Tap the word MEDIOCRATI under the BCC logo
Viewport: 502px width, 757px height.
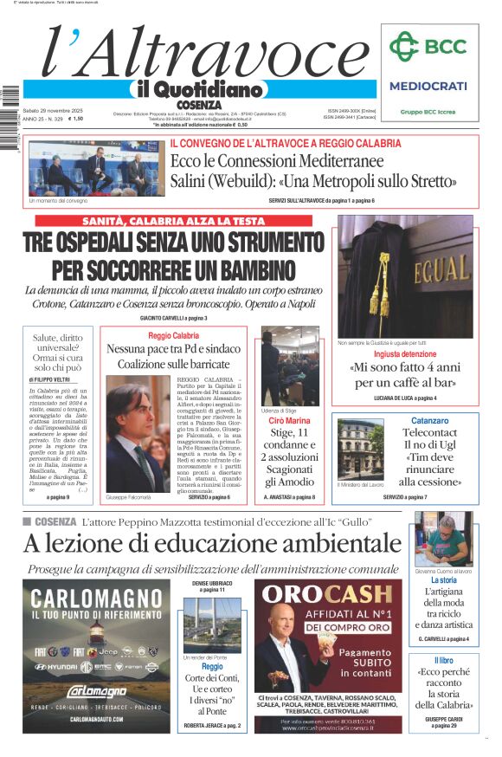pyautogui.click(x=428, y=86)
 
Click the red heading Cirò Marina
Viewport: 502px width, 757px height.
pyautogui.click(x=290, y=421)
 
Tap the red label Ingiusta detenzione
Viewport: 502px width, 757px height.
pyautogui.click(x=404, y=354)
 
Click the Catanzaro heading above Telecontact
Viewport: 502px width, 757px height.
pyautogui.click(x=429, y=421)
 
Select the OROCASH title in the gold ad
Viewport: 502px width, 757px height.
pyautogui.click(x=328, y=594)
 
